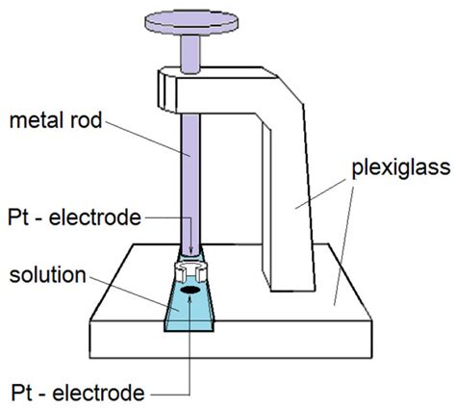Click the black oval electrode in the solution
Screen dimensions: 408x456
(190, 287)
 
